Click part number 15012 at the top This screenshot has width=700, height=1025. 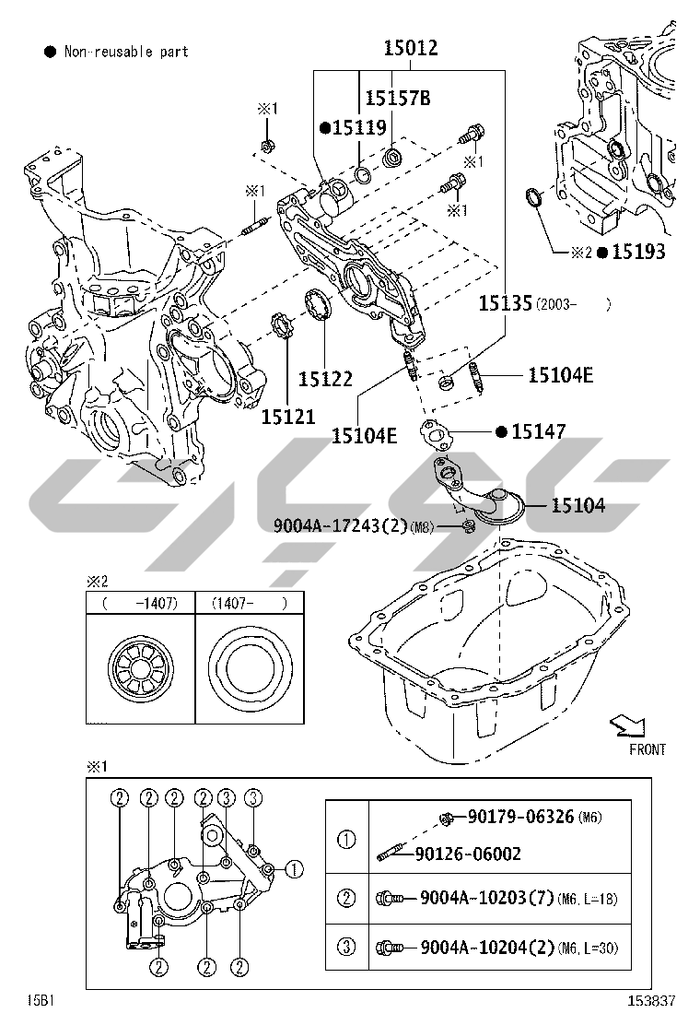coord(410,49)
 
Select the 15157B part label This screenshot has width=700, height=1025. coord(397,99)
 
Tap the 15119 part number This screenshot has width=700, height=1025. coord(359,128)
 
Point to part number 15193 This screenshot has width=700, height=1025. coord(638,252)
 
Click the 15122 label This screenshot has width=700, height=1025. coord(325,378)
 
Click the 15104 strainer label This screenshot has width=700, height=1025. coord(578,505)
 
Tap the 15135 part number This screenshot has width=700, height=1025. coord(505,303)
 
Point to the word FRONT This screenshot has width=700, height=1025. coord(647,749)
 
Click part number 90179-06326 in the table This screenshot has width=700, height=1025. coord(520,817)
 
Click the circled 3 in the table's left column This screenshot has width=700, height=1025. coord(346,947)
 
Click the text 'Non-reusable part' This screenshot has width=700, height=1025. coord(126,52)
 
